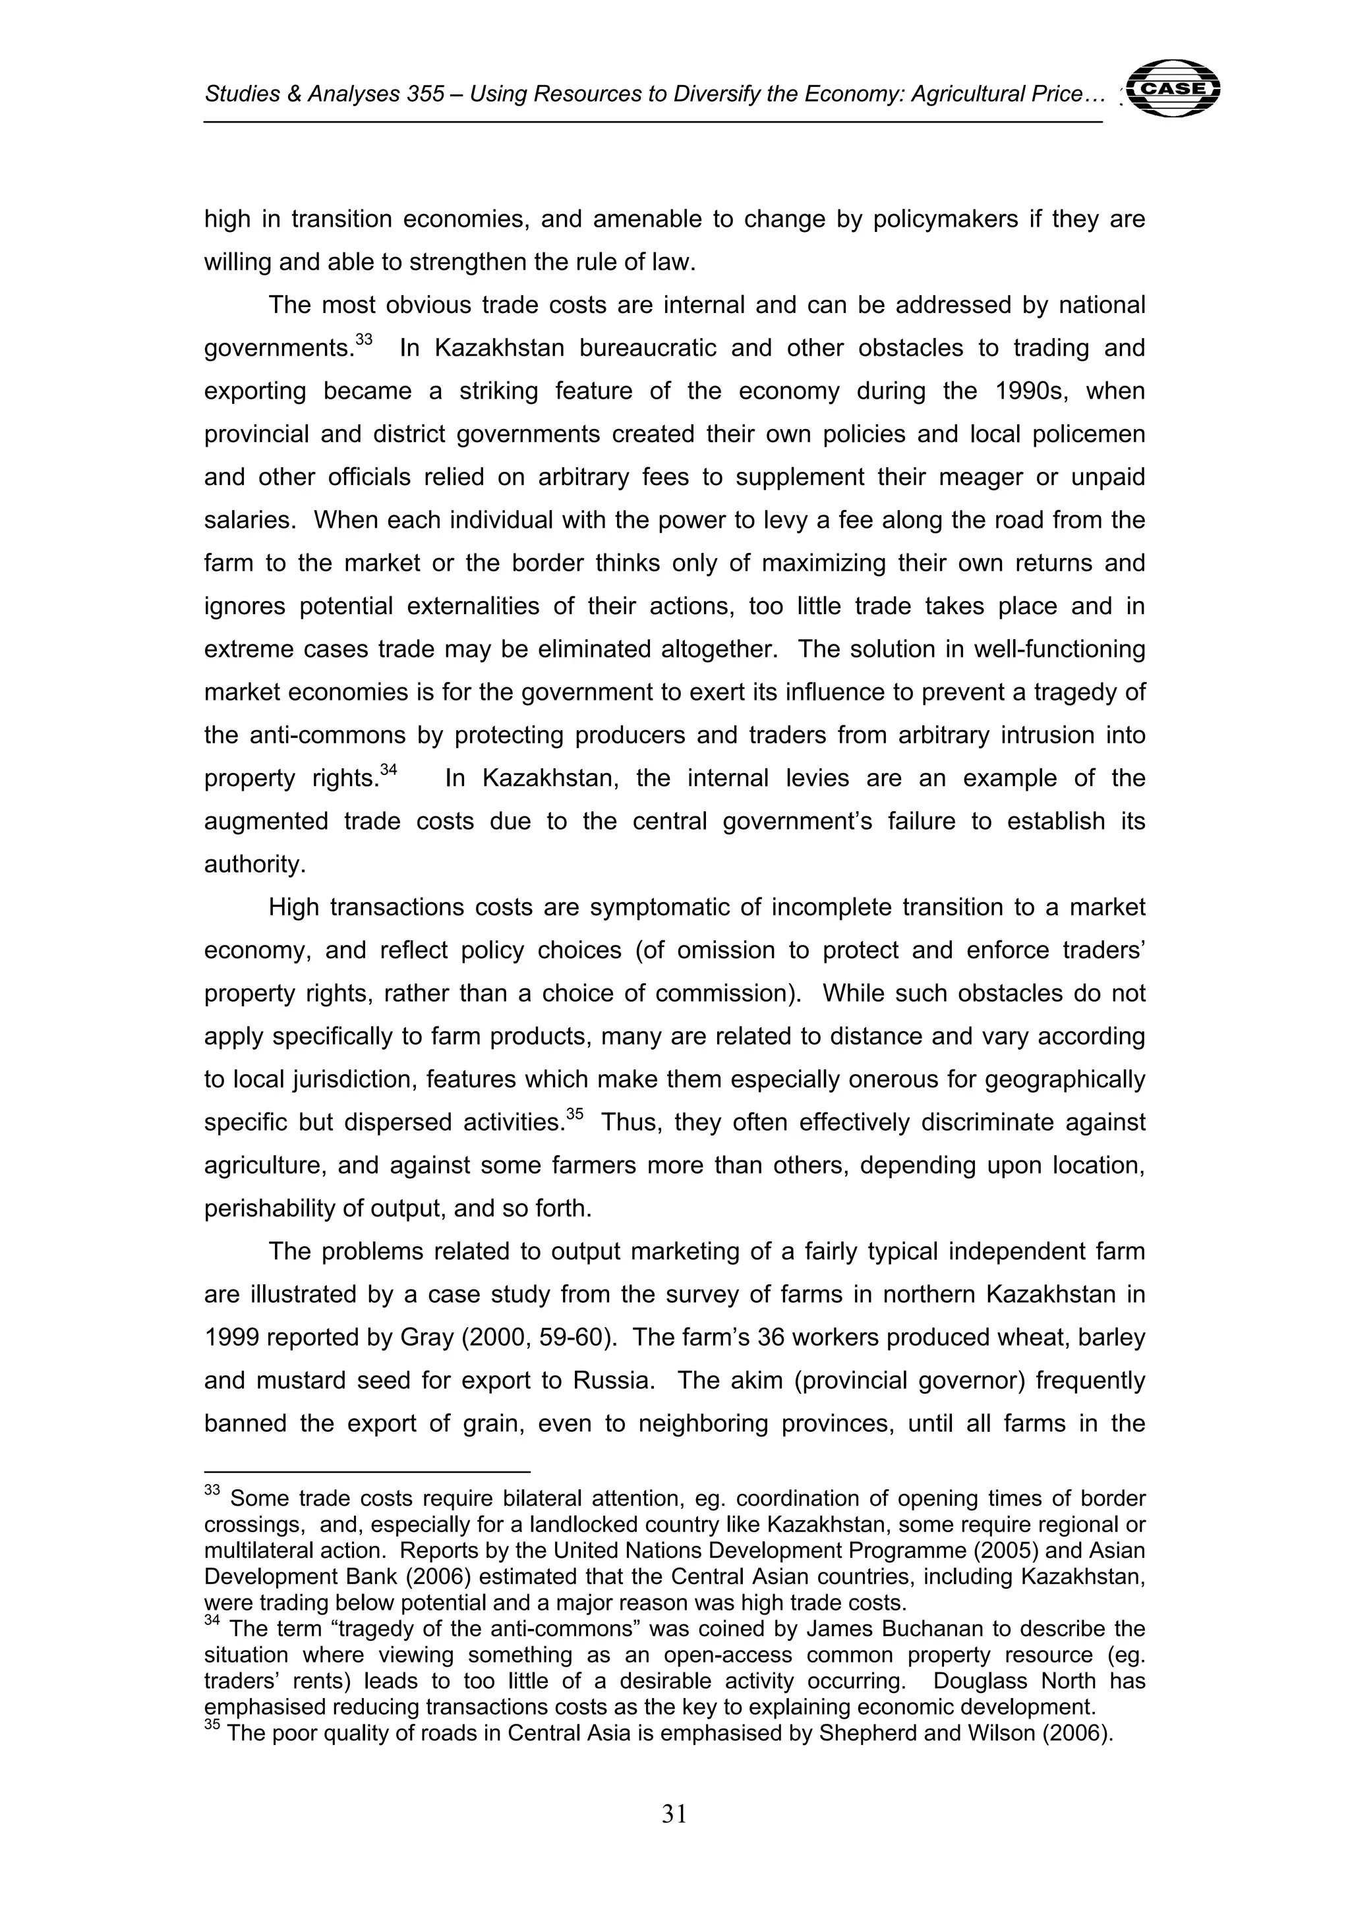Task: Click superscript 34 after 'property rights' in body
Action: pyautogui.click(x=388, y=770)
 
